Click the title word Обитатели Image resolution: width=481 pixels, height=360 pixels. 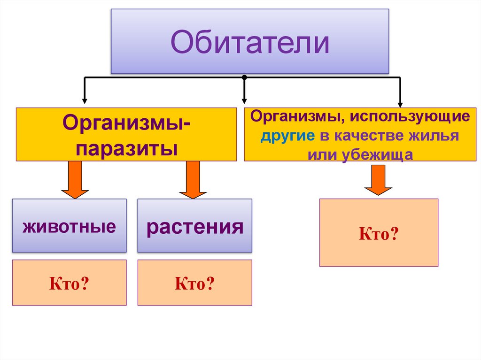click(x=249, y=42)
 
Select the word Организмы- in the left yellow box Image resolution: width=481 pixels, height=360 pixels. click(x=126, y=124)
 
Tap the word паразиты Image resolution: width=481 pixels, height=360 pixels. click(x=126, y=149)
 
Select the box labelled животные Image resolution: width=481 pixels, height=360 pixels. click(x=69, y=226)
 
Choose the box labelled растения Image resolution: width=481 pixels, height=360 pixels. click(x=194, y=226)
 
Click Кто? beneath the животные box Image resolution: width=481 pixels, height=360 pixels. click(x=69, y=283)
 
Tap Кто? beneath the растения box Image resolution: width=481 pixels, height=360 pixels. click(x=194, y=283)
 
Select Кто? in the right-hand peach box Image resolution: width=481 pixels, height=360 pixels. click(x=379, y=233)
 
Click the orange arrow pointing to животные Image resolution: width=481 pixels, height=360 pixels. click(x=75, y=180)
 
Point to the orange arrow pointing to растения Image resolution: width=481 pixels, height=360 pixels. click(x=193, y=180)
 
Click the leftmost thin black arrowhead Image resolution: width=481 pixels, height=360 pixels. click(x=85, y=100)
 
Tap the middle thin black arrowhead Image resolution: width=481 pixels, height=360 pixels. click(x=244, y=100)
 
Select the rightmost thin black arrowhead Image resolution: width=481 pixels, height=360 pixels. click(x=400, y=104)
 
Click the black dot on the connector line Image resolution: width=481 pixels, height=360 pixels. click(x=244, y=77)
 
